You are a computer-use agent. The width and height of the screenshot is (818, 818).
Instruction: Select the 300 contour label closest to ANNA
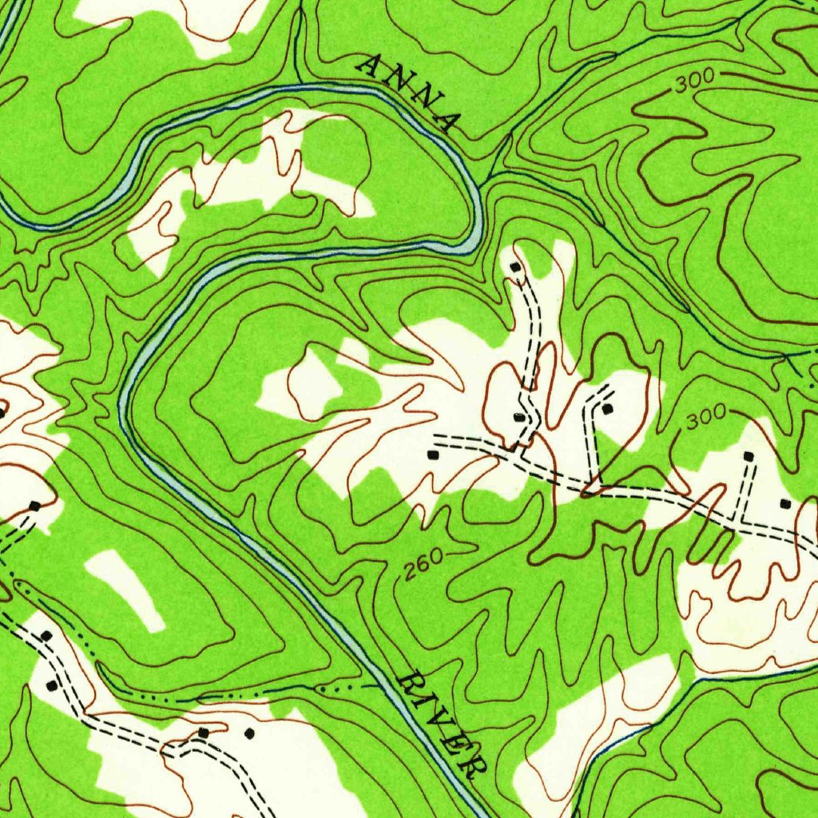693,82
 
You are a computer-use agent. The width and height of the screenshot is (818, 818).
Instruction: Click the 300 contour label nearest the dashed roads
705,414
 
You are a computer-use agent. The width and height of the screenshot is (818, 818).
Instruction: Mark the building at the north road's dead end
516,267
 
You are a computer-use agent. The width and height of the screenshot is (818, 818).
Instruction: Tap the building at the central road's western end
433,455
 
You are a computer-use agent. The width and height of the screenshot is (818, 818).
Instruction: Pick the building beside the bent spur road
608,409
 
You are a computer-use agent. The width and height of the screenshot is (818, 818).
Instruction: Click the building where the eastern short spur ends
749,456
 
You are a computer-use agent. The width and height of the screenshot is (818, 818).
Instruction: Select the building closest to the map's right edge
784,503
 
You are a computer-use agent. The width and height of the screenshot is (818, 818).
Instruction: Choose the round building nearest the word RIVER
249,733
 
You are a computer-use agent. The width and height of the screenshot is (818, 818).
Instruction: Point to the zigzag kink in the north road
526,399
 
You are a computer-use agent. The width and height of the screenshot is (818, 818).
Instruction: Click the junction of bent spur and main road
591,486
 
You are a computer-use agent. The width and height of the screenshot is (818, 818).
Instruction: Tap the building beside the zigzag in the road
518,417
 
